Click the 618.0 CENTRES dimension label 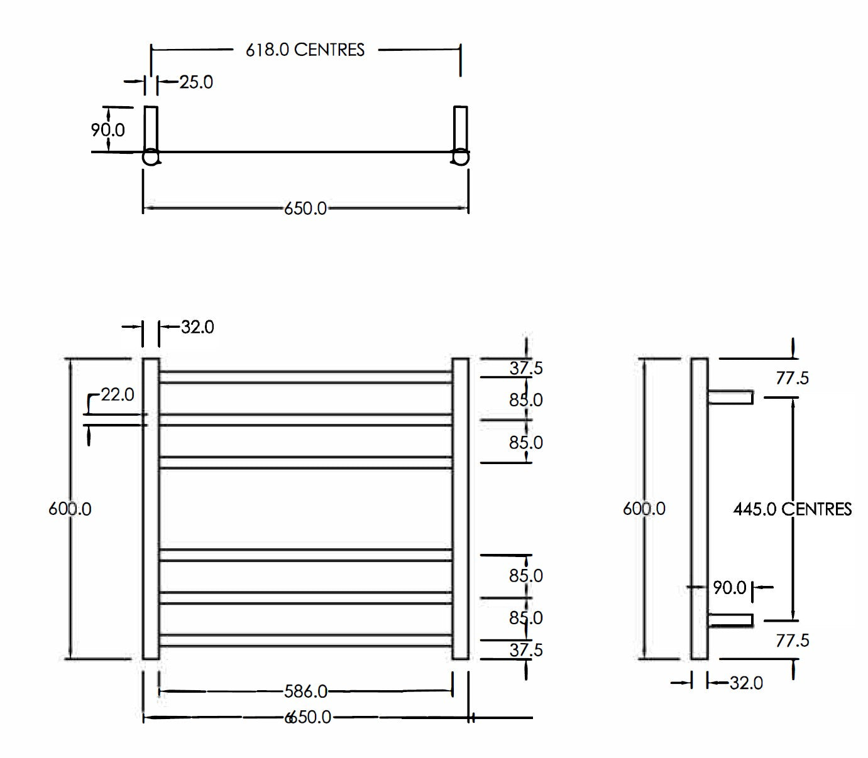[x=305, y=50]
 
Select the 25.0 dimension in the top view [x=195, y=82]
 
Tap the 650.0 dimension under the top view [x=305, y=208]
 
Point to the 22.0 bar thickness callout [x=118, y=394]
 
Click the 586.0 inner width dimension [x=305, y=691]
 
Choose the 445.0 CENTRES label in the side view [x=792, y=509]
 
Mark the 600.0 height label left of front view [x=70, y=509]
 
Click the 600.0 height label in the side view [x=644, y=509]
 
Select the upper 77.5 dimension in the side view [x=792, y=378]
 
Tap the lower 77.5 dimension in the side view [x=792, y=641]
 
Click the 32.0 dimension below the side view [x=746, y=683]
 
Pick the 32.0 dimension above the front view [x=197, y=327]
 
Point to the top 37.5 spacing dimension [x=525, y=368]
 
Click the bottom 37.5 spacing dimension [x=525, y=650]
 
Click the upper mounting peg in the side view [x=730, y=397]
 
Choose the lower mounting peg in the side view [x=730, y=620]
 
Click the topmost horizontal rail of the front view [x=305, y=377]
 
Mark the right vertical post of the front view [x=460, y=509]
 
